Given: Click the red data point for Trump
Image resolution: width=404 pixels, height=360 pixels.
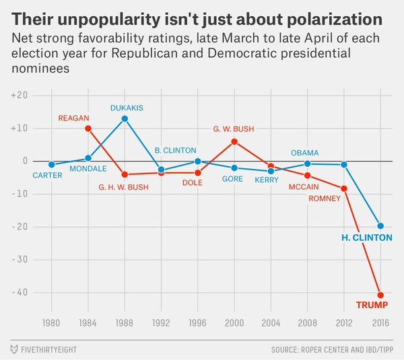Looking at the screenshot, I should (x=380, y=295).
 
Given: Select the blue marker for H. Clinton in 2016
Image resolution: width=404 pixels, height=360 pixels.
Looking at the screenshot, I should (x=380, y=225).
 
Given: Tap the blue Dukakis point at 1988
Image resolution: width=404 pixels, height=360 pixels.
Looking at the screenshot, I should (x=125, y=118).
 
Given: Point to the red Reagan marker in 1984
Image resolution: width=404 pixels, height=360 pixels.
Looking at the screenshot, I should (x=88, y=129).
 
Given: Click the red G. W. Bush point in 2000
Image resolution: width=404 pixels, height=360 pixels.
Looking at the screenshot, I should (x=234, y=141).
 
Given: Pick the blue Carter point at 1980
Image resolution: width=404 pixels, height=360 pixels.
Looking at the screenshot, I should (x=52, y=164).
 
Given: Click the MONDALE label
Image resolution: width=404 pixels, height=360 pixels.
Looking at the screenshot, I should (x=89, y=169).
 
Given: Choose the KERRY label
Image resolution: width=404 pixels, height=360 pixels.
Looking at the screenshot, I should (x=267, y=180).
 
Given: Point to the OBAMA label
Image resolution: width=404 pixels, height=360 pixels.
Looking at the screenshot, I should (x=305, y=153).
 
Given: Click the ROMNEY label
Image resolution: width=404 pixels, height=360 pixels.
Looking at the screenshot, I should (x=325, y=199).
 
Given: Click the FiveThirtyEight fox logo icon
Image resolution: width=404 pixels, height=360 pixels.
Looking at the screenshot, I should (x=15, y=349).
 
